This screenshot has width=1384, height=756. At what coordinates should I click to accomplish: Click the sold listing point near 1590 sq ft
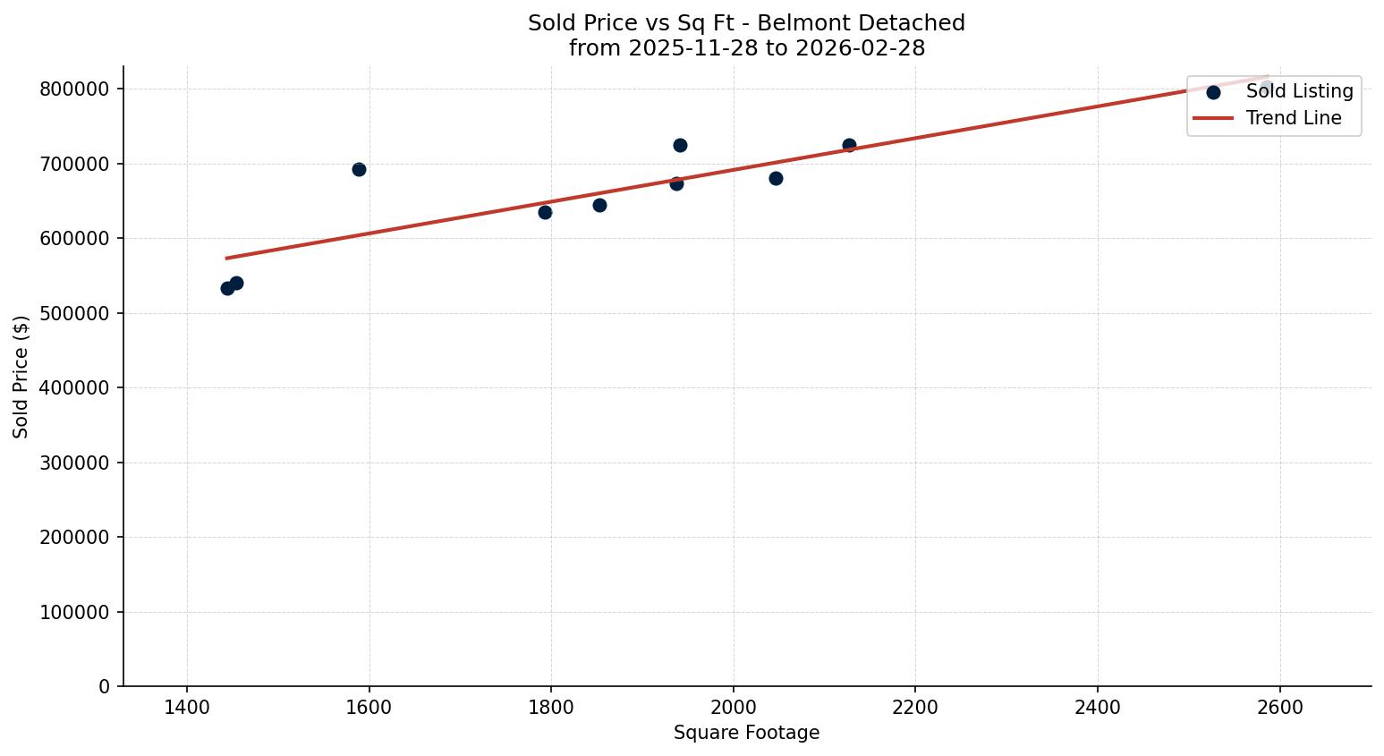(x=359, y=169)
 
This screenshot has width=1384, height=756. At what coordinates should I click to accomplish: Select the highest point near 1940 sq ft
(x=680, y=145)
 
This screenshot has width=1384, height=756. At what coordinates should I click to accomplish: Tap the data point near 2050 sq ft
(x=776, y=178)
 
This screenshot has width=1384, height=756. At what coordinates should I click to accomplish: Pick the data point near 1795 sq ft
(x=545, y=212)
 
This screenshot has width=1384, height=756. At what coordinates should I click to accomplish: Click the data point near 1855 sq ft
(x=599, y=205)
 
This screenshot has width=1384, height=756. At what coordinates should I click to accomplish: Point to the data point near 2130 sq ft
(x=849, y=145)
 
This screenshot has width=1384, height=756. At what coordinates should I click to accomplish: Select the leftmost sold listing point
(x=227, y=288)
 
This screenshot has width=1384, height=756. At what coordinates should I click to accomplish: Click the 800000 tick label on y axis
(x=75, y=89)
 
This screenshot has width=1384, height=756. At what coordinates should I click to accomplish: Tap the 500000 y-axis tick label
(x=75, y=313)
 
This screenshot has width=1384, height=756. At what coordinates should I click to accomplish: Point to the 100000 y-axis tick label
(x=75, y=612)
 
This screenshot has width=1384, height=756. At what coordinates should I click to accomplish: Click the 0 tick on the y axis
(x=106, y=686)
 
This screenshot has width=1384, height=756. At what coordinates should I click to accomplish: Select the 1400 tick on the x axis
(x=187, y=708)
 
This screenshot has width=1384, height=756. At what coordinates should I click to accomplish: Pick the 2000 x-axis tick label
(x=734, y=708)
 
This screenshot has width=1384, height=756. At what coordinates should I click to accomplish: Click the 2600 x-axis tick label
(x=1280, y=708)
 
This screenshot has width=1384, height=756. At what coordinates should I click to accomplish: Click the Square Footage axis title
(x=746, y=733)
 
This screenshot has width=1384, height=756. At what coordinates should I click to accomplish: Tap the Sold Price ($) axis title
(x=21, y=377)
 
